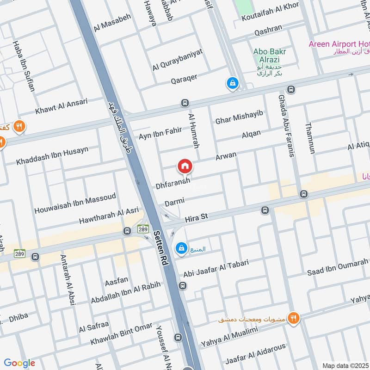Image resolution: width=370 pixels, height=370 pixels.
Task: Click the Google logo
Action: (19, 363)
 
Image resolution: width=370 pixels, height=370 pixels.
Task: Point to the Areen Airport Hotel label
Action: (339, 44)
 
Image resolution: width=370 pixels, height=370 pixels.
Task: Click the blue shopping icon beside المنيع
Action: (181, 249)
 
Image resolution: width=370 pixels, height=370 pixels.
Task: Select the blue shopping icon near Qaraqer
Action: (232, 83)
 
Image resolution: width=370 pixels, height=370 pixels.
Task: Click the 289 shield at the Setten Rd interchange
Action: (142, 229)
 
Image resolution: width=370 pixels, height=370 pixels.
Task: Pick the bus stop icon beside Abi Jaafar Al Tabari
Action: (183, 286)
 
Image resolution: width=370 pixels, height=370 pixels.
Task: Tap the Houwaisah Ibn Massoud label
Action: (75, 203)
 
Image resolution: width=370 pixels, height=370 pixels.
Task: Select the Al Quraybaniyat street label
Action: (178, 61)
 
